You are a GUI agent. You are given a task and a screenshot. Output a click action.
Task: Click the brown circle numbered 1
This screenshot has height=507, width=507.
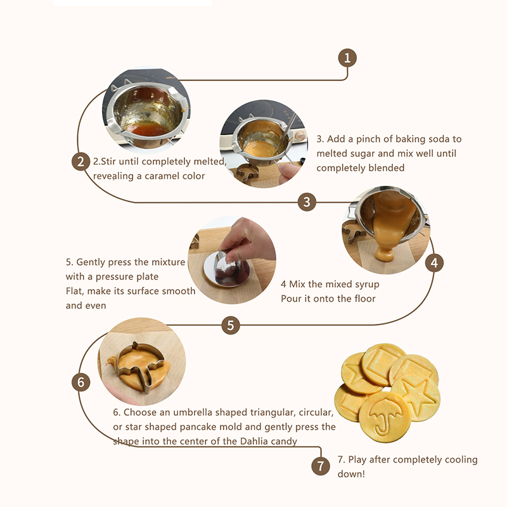[x=347, y=58]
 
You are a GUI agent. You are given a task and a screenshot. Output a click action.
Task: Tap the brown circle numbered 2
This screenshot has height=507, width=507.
[x=80, y=162]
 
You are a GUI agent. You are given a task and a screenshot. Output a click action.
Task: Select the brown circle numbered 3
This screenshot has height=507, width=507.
[x=307, y=202]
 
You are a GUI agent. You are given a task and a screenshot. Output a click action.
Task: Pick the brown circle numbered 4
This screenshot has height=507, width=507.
[x=434, y=262]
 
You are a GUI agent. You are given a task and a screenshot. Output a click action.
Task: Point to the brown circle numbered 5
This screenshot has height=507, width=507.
[x=231, y=325]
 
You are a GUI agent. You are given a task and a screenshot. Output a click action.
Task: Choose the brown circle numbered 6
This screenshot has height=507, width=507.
[x=80, y=382]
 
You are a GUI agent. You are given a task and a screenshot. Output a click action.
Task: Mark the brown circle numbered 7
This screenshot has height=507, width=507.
[x=321, y=466]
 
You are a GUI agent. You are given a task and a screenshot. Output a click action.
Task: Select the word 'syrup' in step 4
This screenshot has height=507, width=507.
[x=367, y=285]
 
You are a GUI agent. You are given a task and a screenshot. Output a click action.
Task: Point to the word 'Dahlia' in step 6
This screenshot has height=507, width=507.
[x=253, y=441]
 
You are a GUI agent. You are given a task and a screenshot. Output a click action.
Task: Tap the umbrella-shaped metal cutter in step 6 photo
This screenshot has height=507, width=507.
[x=139, y=366]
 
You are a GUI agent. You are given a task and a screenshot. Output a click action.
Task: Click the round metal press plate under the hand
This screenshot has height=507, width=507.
[x=227, y=270]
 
